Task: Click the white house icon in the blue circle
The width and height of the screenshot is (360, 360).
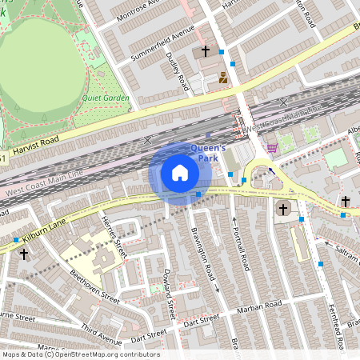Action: tap(180, 173)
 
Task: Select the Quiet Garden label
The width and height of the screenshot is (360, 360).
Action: tap(105, 98)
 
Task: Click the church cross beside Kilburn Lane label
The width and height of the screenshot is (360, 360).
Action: tap(24, 254)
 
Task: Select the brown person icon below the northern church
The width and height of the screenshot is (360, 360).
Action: tap(223, 78)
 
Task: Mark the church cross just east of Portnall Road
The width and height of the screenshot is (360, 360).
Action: tap(282, 210)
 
